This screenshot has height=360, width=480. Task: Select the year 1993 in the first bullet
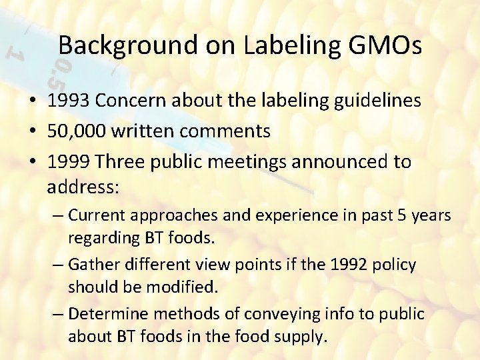(69, 101)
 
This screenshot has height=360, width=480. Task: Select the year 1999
(69, 162)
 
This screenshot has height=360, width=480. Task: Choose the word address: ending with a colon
(83, 187)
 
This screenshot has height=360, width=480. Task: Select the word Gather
(93, 265)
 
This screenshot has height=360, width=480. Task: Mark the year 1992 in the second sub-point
(353, 265)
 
